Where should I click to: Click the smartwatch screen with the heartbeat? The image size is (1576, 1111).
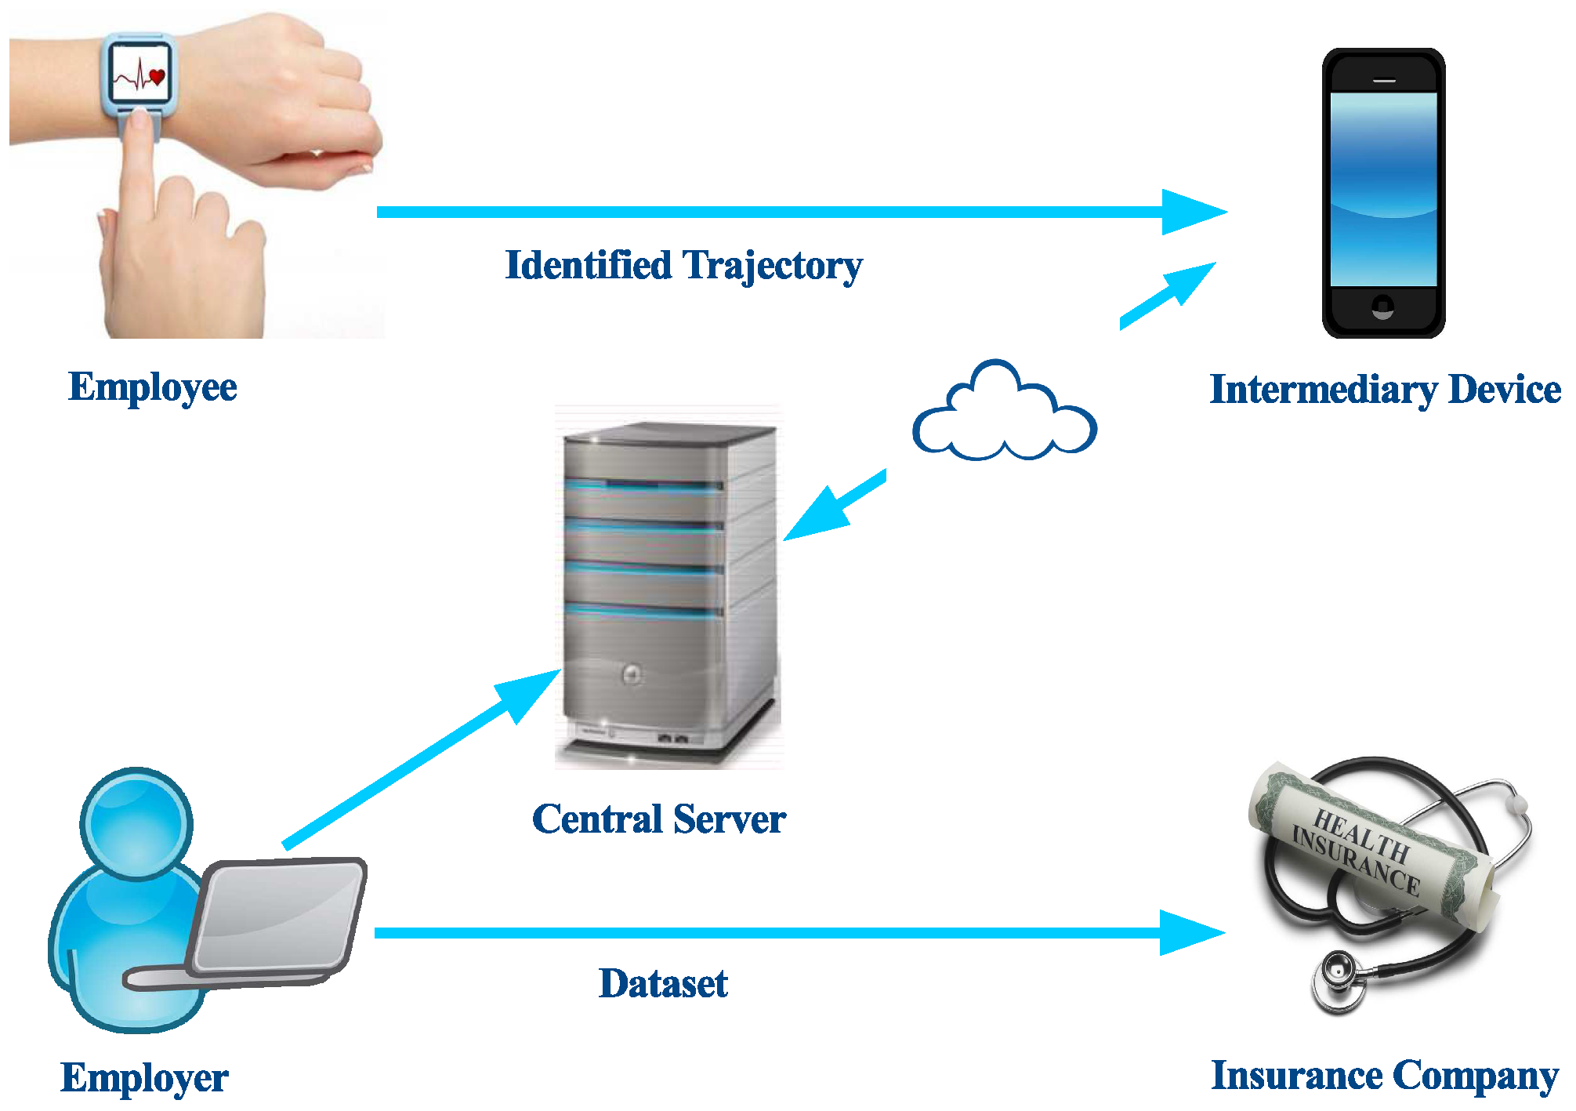[x=139, y=72]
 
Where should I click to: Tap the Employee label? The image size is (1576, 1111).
[x=153, y=387]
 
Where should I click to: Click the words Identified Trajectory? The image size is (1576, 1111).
[x=683, y=266]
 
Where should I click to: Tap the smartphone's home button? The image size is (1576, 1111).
[x=1383, y=307]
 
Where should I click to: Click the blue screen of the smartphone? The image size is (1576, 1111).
[x=1383, y=188]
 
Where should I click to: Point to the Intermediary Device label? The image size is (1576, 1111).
[x=1385, y=390]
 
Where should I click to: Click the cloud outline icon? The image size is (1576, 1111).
[x=1005, y=416]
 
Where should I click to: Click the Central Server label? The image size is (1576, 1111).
[x=658, y=819]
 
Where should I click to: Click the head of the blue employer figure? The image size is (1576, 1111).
[x=136, y=823]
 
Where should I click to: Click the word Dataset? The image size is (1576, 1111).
[x=663, y=984]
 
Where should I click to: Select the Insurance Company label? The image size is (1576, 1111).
[x=1384, y=1076]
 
